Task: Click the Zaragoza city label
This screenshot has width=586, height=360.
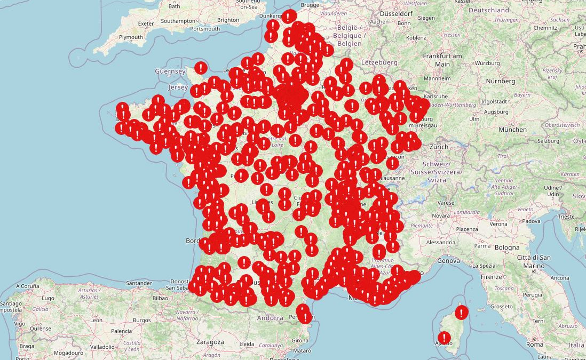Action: click(210, 342)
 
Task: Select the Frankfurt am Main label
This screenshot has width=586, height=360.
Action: click(442, 60)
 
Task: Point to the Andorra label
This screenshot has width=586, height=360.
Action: click(270, 318)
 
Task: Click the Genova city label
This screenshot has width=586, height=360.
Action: click(448, 261)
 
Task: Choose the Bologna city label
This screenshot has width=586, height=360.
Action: click(506, 247)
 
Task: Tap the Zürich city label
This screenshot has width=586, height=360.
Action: click(439, 147)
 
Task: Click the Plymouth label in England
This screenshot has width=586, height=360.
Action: click(131, 37)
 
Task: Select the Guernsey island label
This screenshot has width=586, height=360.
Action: click(170, 71)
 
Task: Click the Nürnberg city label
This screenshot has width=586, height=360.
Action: click(501, 81)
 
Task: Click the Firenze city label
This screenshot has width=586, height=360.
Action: click(492, 277)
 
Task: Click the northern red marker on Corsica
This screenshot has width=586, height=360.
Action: click(462, 313)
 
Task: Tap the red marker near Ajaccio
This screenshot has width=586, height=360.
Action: click(444, 338)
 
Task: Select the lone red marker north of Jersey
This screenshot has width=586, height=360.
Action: click(201, 68)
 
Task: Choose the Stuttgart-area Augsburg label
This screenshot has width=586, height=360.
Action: click(497, 112)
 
